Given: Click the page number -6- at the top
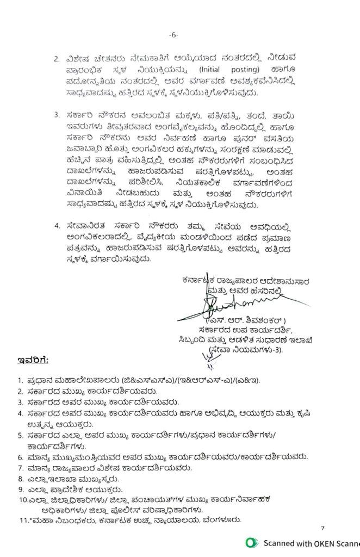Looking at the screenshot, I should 173,34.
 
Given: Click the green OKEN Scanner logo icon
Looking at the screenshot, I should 251,543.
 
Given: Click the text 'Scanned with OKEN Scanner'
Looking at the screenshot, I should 311,543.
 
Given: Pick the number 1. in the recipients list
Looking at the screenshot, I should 20,380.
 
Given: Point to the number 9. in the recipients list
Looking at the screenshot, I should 20,489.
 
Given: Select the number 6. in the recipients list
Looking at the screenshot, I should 20,456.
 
